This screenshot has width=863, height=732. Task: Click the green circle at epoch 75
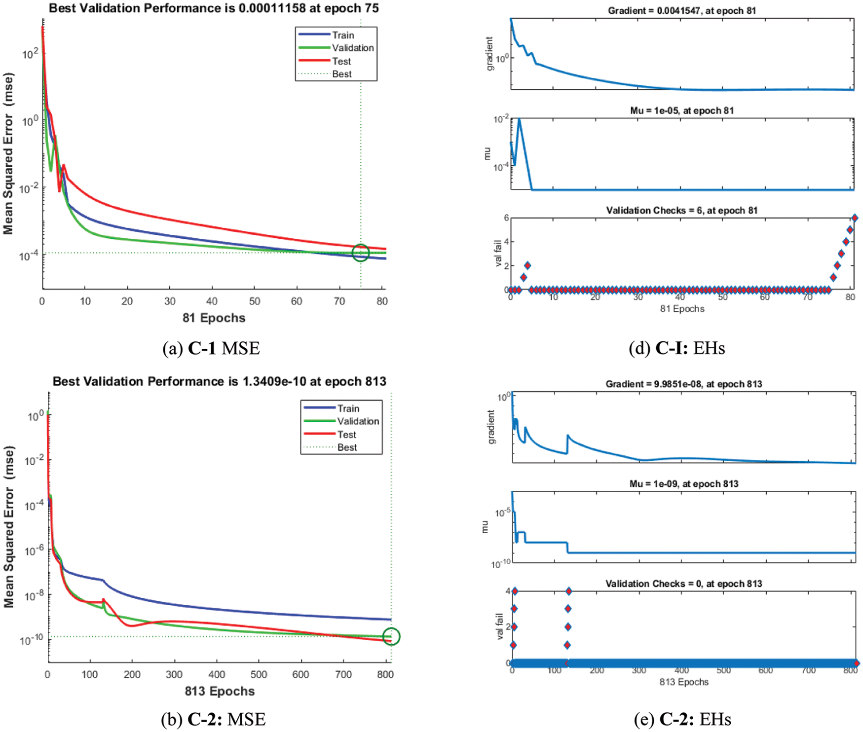(x=361, y=253)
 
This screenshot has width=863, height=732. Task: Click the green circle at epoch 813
(x=391, y=636)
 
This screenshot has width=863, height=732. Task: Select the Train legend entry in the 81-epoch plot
(x=342, y=35)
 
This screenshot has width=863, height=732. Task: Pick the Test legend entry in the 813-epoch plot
(x=346, y=435)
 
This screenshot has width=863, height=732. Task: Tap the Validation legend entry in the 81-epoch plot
(x=352, y=48)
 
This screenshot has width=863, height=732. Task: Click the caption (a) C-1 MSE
(x=211, y=348)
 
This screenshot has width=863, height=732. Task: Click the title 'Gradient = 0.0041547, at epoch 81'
(x=681, y=10)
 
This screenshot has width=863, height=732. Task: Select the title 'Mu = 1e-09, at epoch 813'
(x=683, y=484)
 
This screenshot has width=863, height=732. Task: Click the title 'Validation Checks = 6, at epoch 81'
(x=681, y=211)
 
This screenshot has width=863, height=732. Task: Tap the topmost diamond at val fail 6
(x=855, y=218)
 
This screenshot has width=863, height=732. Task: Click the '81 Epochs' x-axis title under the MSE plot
(x=214, y=318)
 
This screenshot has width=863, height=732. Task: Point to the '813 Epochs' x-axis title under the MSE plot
(x=220, y=692)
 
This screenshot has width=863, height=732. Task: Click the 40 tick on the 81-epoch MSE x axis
(x=212, y=301)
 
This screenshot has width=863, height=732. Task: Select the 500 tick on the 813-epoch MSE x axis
(x=259, y=675)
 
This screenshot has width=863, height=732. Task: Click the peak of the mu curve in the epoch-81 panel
(x=519, y=119)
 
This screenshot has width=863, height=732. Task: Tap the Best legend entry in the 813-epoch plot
(x=347, y=447)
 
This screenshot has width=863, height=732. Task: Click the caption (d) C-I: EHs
(x=677, y=348)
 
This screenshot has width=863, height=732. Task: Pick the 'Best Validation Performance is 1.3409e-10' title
(x=219, y=382)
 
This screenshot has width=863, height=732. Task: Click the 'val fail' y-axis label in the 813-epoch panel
(x=499, y=627)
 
